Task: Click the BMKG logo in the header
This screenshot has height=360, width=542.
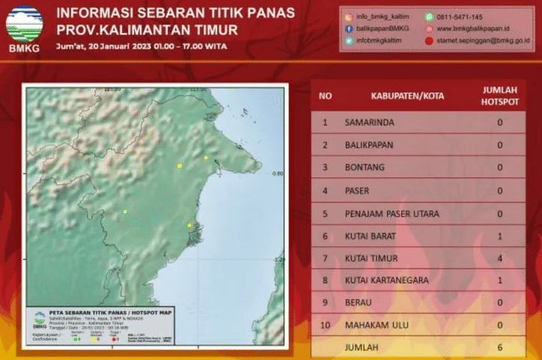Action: pyautogui.click(x=24, y=29)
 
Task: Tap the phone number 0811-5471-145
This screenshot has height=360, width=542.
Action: pyautogui.click(x=461, y=16)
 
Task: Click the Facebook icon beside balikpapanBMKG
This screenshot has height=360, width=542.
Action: pyautogui.click(x=349, y=28)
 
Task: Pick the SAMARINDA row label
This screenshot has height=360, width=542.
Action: pyautogui.click(x=370, y=122)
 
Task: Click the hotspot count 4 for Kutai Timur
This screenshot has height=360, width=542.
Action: pyautogui.click(x=499, y=259)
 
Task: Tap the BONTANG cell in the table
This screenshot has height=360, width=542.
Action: pyautogui.click(x=365, y=168)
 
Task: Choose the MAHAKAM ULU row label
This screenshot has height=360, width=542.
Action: pyautogui.click(x=376, y=326)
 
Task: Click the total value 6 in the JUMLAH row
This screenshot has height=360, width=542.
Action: pyautogui.click(x=499, y=347)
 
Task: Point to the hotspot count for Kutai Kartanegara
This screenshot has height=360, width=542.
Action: pyautogui.click(x=499, y=281)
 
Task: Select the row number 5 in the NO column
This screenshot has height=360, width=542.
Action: pyautogui.click(x=325, y=213)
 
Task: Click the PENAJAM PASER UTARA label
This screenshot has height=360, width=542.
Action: pyautogui.click(x=392, y=213)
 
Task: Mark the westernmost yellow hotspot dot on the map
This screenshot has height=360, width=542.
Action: pyautogui.click(x=125, y=212)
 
